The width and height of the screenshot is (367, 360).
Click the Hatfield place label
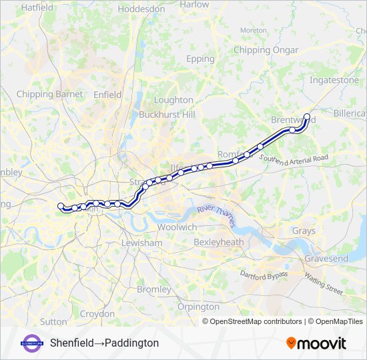coord(37,7)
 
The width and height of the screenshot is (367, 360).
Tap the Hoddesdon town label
coord(141,9)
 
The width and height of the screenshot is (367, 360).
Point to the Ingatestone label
coord(334,80)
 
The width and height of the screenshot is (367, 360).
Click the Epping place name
coord(200,59)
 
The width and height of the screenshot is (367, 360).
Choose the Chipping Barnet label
coord(49,94)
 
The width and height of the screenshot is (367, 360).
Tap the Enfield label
coord(107,95)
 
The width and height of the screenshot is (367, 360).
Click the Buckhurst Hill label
coord(167,115)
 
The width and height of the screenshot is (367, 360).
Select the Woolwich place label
coord(177,227)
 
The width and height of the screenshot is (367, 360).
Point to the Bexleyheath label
coord(218,243)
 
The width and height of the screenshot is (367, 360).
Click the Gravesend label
coord(326,258)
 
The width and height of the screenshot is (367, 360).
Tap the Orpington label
coord(198,307)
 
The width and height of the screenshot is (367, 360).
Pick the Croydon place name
coord(97,313)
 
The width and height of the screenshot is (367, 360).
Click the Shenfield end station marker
coord(307,117)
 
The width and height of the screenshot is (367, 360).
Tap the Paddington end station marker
coord(61,206)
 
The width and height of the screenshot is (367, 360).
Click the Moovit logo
coord(316,343)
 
